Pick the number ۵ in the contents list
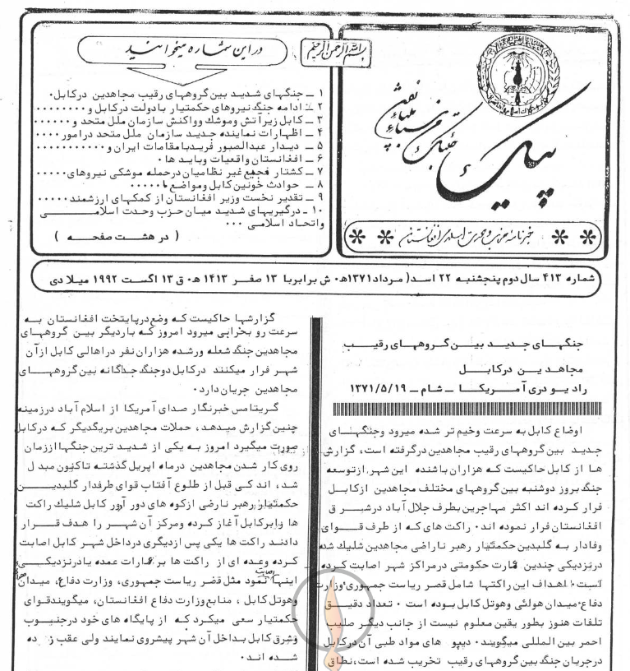click(x=322, y=146)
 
